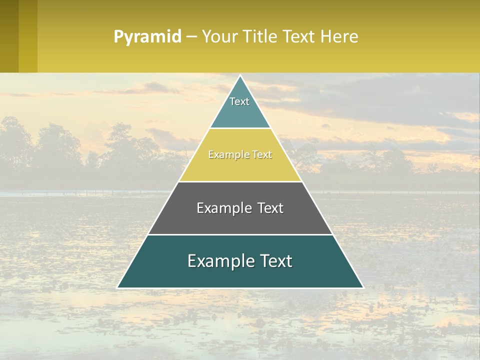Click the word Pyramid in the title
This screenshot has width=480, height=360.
click(x=147, y=37)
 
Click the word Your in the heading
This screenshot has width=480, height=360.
click(x=219, y=37)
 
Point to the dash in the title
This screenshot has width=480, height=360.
click(x=191, y=37)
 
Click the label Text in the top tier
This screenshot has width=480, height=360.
click(x=239, y=101)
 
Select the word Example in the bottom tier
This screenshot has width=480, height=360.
click(x=219, y=261)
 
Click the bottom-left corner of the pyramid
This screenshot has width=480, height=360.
click(x=118, y=287)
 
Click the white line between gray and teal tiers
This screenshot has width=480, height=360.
click(x=240, y=234)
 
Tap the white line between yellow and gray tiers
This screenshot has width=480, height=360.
click(x=240, y=181)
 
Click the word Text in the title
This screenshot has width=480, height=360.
click(x=300, y=37)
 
